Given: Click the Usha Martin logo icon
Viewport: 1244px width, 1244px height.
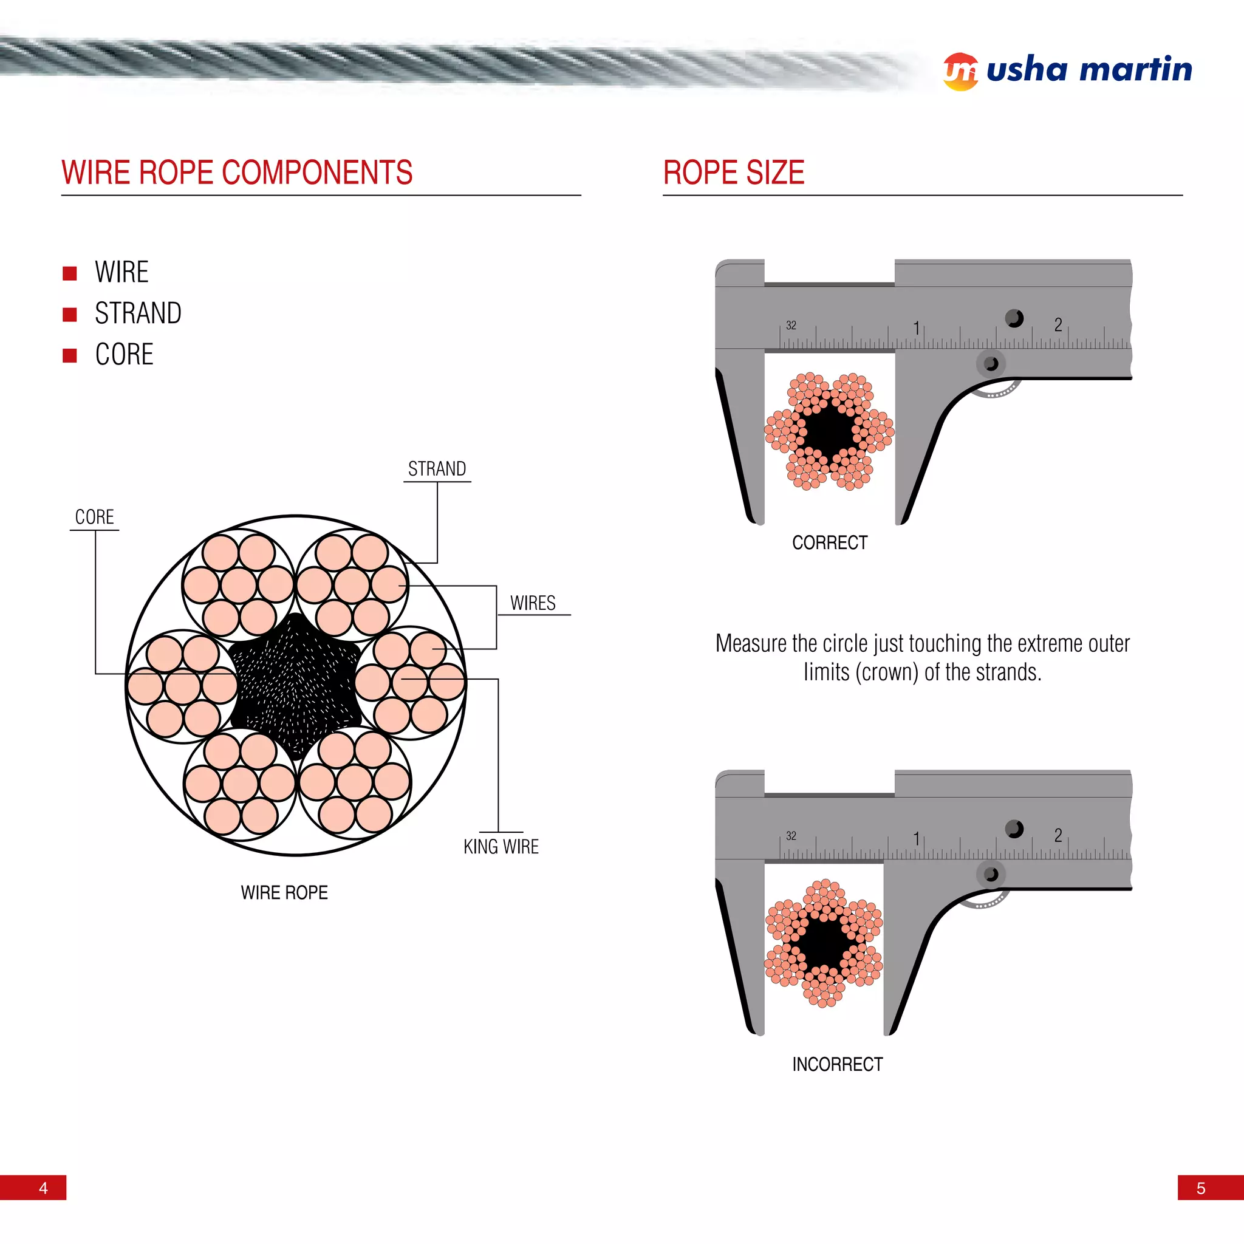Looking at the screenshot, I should pos(960,72).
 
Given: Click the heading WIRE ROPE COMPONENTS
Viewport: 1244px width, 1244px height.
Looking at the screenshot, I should pos(237,173).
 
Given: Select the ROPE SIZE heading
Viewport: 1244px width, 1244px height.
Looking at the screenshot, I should pos(733,173).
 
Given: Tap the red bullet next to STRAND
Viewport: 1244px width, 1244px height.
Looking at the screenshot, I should pos(69,314).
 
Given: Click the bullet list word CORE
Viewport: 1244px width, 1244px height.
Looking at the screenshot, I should pos(125,355).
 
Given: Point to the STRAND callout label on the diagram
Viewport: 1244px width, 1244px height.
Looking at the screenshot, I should pos(437,469).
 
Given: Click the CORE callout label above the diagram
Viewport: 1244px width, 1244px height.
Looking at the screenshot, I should pos(94,517).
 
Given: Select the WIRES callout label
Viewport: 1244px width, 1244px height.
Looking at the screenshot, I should pos(533,603).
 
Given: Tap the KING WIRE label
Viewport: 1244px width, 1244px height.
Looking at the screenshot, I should pos(501,847).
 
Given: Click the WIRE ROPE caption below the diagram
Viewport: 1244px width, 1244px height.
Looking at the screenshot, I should pos(284,892).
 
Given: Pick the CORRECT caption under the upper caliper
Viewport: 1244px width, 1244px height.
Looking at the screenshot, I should pos(829,543).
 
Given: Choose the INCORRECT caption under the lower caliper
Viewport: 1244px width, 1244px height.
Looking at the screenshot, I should pos(837,1064).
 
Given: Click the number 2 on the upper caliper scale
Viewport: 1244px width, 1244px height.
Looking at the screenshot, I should pos(1058,324).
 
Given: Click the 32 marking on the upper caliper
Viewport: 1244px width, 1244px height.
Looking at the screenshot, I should pos(791,325).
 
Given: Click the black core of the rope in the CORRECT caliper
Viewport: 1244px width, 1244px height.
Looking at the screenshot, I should pos(829,430).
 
